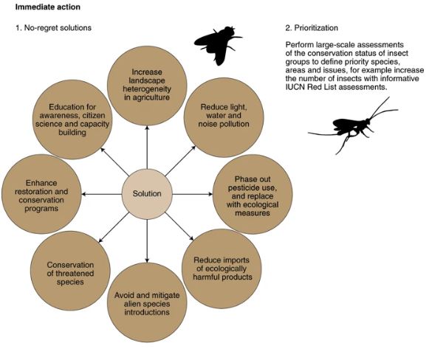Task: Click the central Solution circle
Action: click(147, 194)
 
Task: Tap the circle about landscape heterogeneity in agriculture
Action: click(147, 86)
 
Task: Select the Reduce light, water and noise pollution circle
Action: click(224, 117)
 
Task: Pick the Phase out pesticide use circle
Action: click(253, 194)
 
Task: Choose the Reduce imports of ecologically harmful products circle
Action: click(222, 269)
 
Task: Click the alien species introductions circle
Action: click(147, 302)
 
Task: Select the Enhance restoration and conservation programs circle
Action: click(41, 194)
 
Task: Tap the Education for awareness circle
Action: click(72, 120)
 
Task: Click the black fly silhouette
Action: click(218, 45)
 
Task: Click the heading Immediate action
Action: click(47, 7)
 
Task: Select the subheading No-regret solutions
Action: click(58, 27)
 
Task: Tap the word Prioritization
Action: click(316, 27)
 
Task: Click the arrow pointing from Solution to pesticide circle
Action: click(193, 194)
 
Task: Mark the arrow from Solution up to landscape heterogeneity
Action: click(147, 147)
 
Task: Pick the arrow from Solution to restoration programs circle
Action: click(101, 194)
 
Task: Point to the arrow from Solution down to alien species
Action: click(147, 240)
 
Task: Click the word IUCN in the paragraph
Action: click(295, 87)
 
